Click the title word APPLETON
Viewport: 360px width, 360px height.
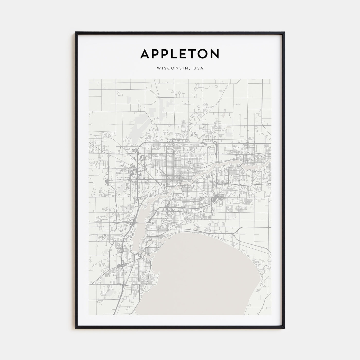pos(180,54)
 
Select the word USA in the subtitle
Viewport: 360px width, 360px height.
pos(199,68)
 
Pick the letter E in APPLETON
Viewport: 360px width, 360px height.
pos(184,54)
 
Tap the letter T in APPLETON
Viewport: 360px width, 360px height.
pos(194,54)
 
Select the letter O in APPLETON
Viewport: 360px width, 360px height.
pos(204,54)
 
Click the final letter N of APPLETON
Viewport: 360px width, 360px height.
pos(215,54)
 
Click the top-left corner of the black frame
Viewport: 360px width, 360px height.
pos(76,32)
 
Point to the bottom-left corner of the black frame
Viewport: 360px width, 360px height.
pos(76,328)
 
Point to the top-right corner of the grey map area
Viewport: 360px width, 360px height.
pos(271,79)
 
